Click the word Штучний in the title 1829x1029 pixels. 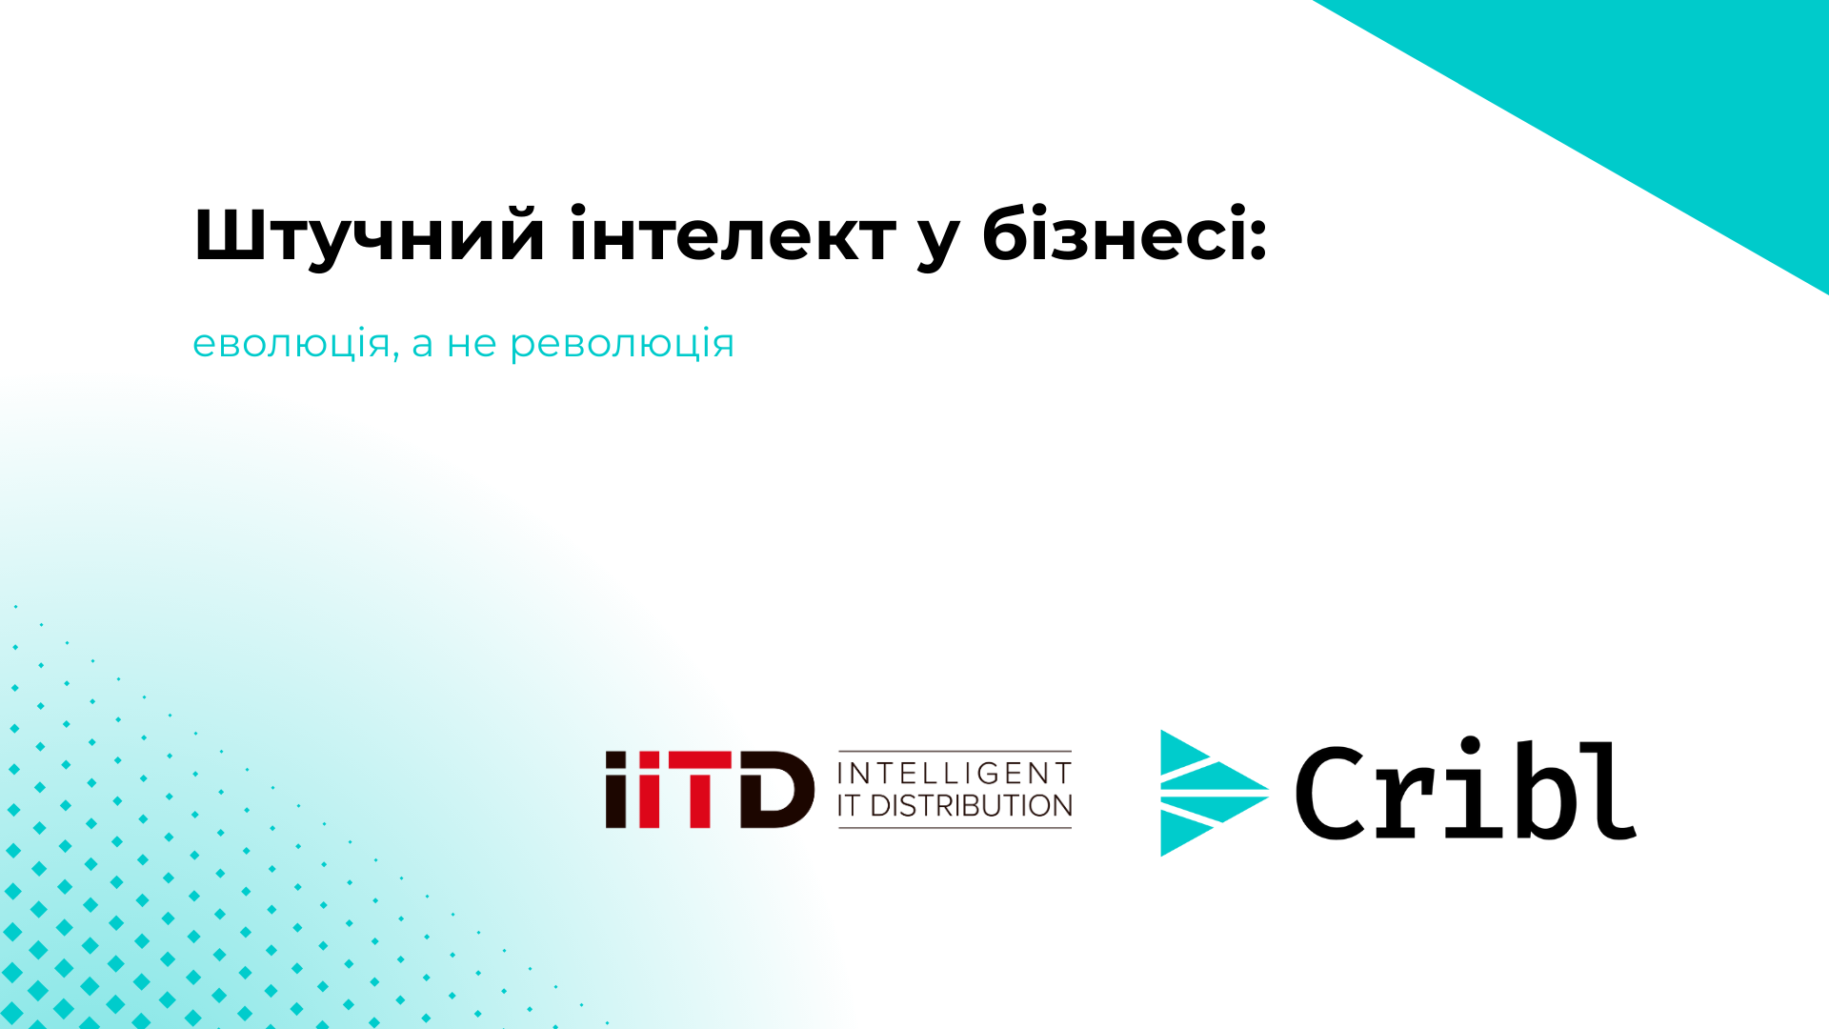pos(370,235)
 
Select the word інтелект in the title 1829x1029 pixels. pos(733,233)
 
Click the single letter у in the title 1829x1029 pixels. pos(938,243)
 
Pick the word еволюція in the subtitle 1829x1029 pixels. pos(291,343)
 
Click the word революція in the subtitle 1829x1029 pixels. pos(622,344)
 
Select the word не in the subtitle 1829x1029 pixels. pos(472,344)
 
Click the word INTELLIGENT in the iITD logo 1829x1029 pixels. pos(955,773)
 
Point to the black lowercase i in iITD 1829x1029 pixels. pos(617,789)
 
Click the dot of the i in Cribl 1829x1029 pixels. pos(1471,746)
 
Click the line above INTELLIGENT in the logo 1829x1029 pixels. pos(955,751)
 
